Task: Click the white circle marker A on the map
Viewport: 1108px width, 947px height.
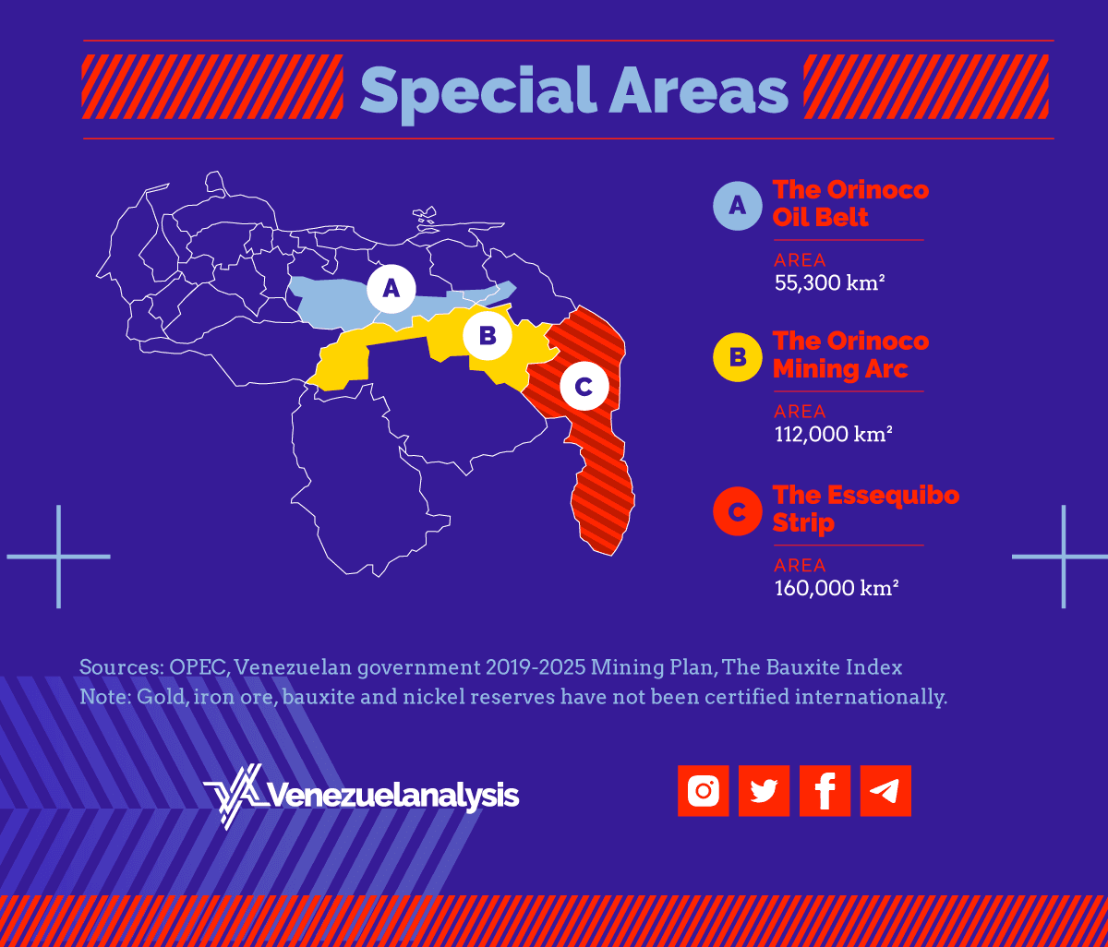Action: click(x=391, y=289)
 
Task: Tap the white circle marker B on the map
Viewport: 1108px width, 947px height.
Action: click(x=488, y=336)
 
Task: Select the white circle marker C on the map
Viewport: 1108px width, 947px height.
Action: click(x=584, y=387)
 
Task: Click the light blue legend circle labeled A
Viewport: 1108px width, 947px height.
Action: click(x=738, y=204)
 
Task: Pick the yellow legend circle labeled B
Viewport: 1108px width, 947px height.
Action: click(x=738, y=356)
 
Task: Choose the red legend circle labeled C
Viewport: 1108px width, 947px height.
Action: click(x=738, y=510)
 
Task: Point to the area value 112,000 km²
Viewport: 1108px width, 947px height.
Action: click(x=833, y=434)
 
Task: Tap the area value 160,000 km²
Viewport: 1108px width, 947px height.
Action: click(x=837, y=588)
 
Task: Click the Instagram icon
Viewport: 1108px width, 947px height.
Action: click(x=704, y=791)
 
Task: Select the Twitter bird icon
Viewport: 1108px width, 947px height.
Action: click(x=764, y=791)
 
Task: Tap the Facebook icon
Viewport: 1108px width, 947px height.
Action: click(x=825, y=791)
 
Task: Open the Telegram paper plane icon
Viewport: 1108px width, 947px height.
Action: click(x=885, y=791)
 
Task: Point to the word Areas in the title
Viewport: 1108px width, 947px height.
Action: click(x=698, y=90)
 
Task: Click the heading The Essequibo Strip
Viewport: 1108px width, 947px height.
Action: click(x=865, y=509)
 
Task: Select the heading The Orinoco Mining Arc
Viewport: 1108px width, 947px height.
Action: click(x=850, y=354)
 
